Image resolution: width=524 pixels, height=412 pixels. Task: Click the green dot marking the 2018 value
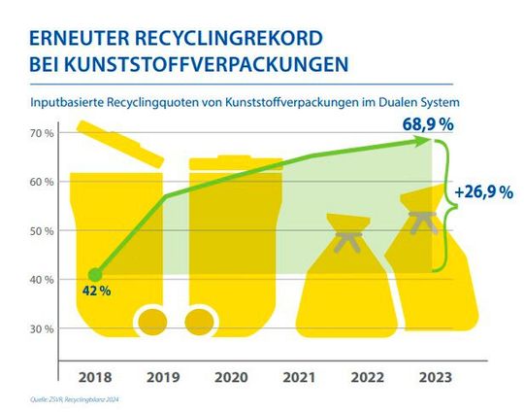click(x=94, y=275)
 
